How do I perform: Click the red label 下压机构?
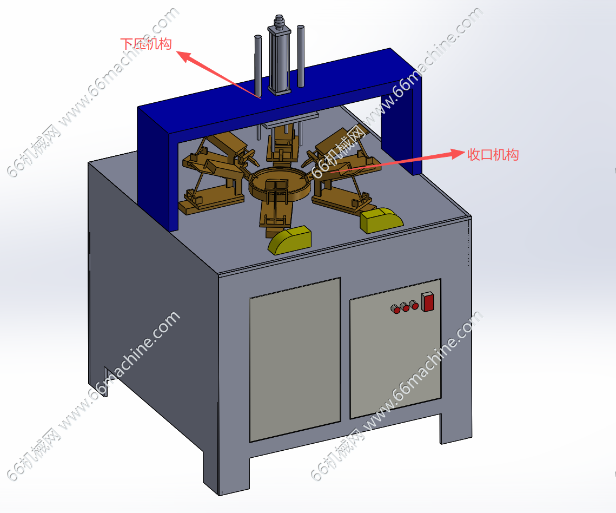pyautogui.click(x=145, y=44)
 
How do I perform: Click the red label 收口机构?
pyautogui.click(x=493, y=154)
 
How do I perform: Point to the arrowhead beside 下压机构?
pyautogui.click(x=184, y=56)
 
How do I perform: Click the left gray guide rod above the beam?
pyautogui.click(x=258, y=65)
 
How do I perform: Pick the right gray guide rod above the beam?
pyautogui.click(x=301, y=56)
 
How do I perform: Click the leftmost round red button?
pyautogui.click(x=395, y=309)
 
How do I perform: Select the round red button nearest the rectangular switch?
pyautogui.click(x=413, y=305)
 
